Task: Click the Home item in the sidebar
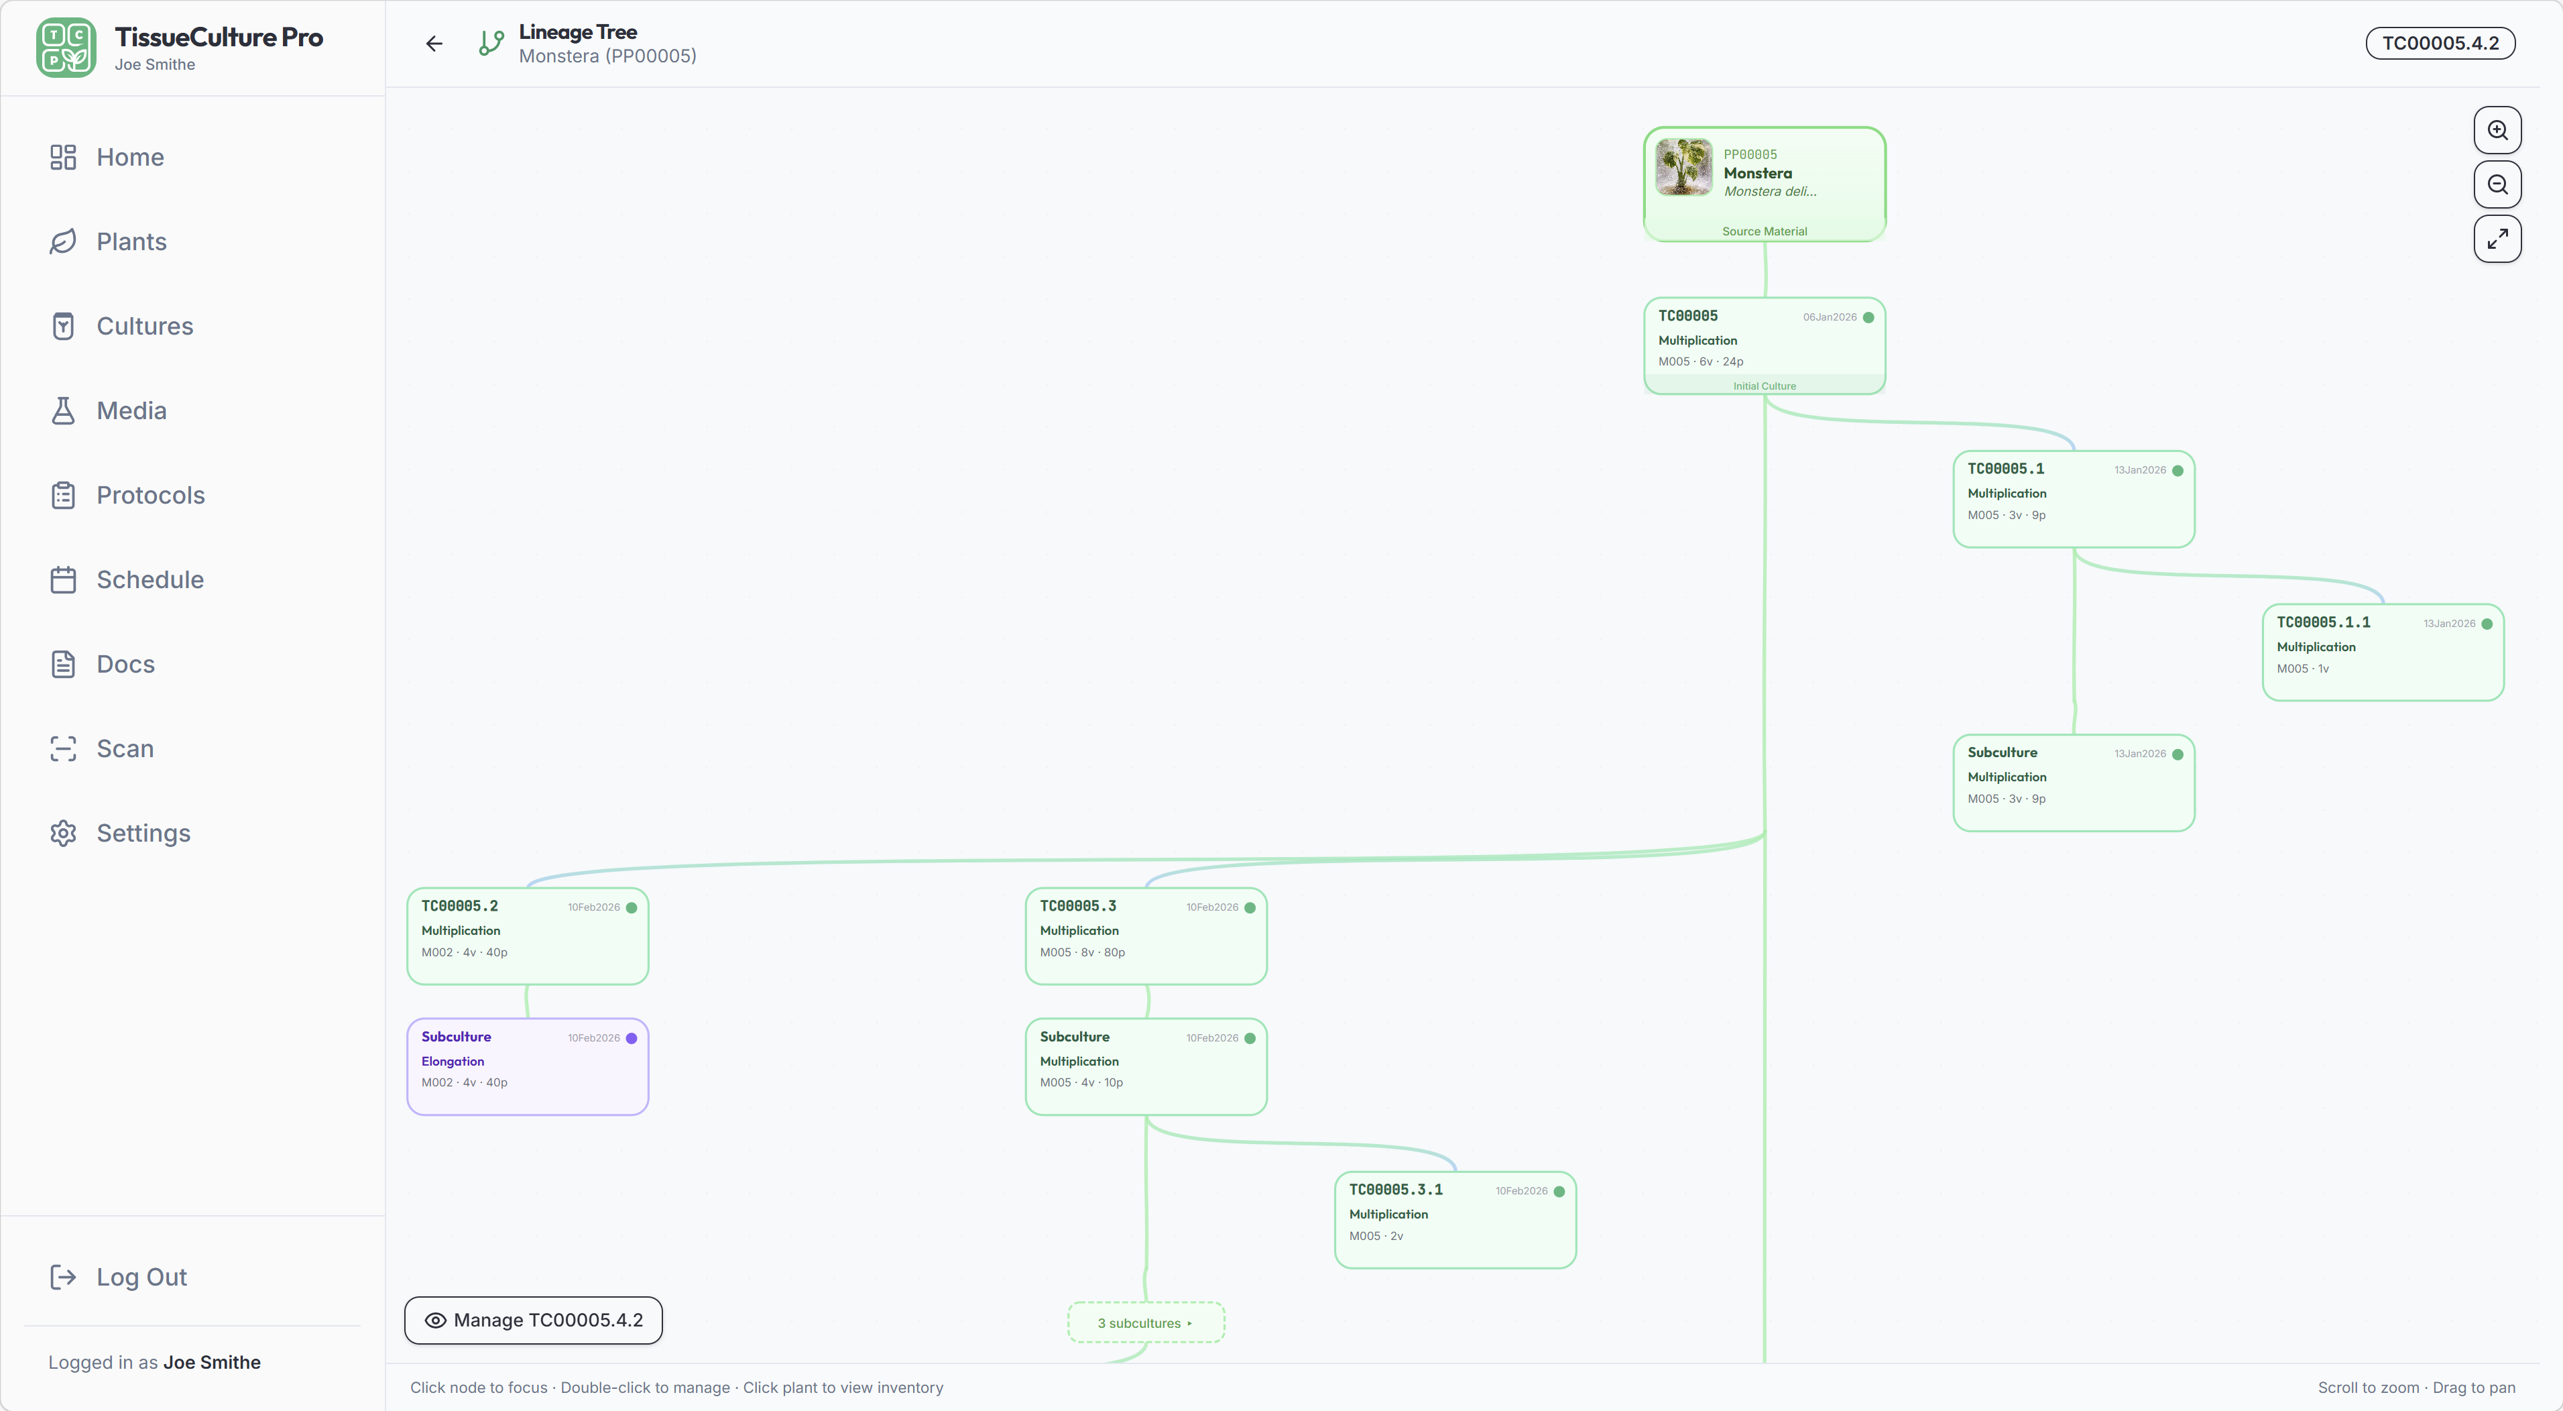click(129, 157)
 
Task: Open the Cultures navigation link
click(144, 327)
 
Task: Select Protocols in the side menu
click(150, 496)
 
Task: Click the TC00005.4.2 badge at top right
click(2440, 43)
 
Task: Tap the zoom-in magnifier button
click(2497, 130)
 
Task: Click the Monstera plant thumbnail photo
click(1683, 167)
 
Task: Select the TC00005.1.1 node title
click(2323, 622)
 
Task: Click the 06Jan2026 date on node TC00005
click(1830, 317)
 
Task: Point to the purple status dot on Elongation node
click(632, 1038)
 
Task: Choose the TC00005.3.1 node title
click(1395, 1189)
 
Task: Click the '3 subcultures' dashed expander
click(1145, 1322)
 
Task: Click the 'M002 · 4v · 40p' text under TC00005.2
click(465, 952)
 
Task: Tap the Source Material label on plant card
click(1764, 231)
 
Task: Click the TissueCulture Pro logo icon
click(66, 47)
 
